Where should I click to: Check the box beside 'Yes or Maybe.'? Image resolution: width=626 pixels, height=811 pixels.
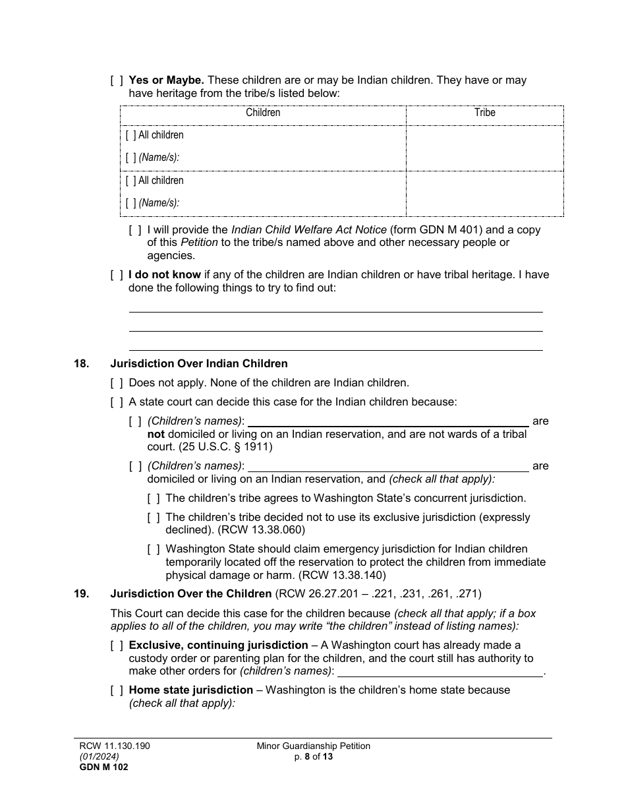pyautogui.click(x=117, y=80)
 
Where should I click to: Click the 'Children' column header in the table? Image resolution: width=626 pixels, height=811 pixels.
pyautogui.click(x=263, y=113)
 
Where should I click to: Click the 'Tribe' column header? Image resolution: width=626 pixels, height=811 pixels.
pyautogui.click(x=484, y=113)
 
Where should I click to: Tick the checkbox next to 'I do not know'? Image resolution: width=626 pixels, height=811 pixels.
pyautogui.click(x=117, y=275)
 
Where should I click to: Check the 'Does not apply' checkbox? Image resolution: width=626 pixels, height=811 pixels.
pyautogui.click(x=117, y=382)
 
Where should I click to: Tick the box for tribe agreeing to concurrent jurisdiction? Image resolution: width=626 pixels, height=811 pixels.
pyautogui.click(x=154, y=498)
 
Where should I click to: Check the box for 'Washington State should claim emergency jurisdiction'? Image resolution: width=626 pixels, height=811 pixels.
pyautogui.click(x=154, y=549)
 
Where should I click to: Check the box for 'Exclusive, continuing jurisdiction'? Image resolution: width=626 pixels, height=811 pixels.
pyautogui.click(x=117, y=646)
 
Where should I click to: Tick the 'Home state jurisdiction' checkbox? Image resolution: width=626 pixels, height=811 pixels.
pyautogui.click(x=117, y=690)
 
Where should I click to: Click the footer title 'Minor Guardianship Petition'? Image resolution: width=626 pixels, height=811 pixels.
pyautogui.click(x=314, y=746)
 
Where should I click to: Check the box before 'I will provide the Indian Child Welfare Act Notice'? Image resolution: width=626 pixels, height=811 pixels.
pyautogui.click(x=135, y=230)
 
